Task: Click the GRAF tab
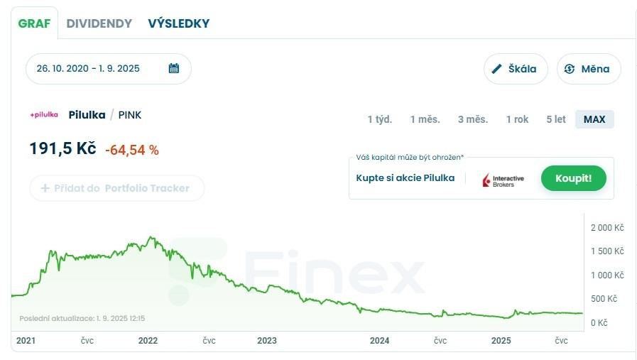coord(34,23)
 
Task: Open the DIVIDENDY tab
coord(99,23)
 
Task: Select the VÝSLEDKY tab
coord(179,23)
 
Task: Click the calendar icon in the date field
coord(174,69)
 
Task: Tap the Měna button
coord(588,69)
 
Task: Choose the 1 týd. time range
coord(380,119)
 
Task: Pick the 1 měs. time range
coord(425,119)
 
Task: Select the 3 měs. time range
coord(473,119)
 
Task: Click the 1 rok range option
coord(517,119)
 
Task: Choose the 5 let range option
coord(556,119)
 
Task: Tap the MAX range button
coord(594,119)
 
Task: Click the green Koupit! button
coord(573,178)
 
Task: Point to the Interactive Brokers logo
coord(503,180)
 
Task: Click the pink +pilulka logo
coord(44,115)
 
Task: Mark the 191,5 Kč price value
coord(62,149)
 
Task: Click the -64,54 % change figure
coord(132,150)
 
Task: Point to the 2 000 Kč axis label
coord(607,228)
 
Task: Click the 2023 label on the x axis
coord(267,341)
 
